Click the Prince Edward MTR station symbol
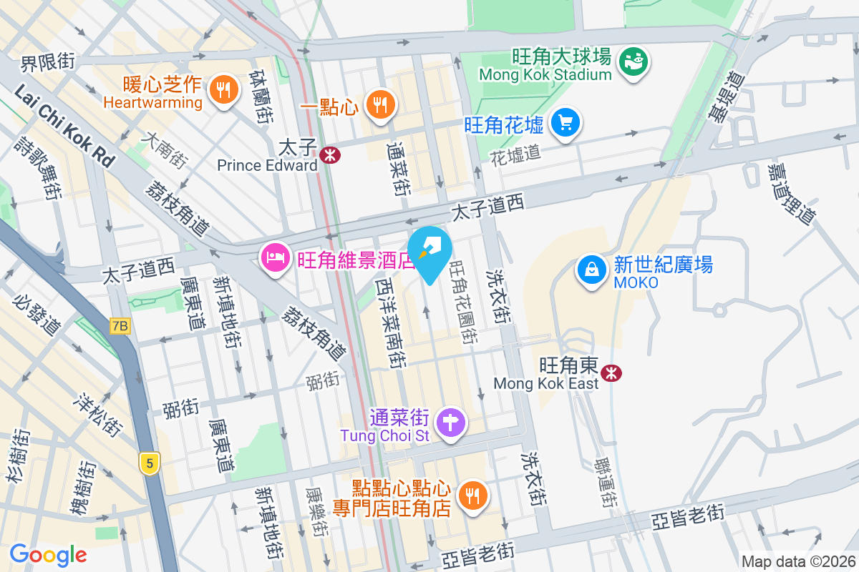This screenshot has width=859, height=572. coord(330,154)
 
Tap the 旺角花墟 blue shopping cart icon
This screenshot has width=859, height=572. coord(566,123)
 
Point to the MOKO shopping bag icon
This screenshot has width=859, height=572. coord(592,270)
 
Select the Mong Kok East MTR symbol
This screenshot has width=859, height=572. coord(611,373)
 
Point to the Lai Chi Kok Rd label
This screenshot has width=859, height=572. coord(63,124)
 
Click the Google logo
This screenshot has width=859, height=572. coord(48,554)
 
